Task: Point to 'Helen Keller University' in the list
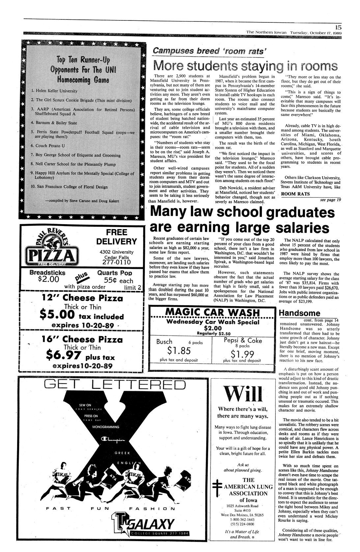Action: pos(56,91)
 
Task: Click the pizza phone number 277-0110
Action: pos(116,262)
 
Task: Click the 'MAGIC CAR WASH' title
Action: pos(212,312)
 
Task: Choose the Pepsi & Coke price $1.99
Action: pos(242,353)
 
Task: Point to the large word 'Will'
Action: pos(241,393)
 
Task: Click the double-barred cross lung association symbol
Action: pos(216,487)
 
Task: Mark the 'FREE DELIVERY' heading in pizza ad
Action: pos(116,237)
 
